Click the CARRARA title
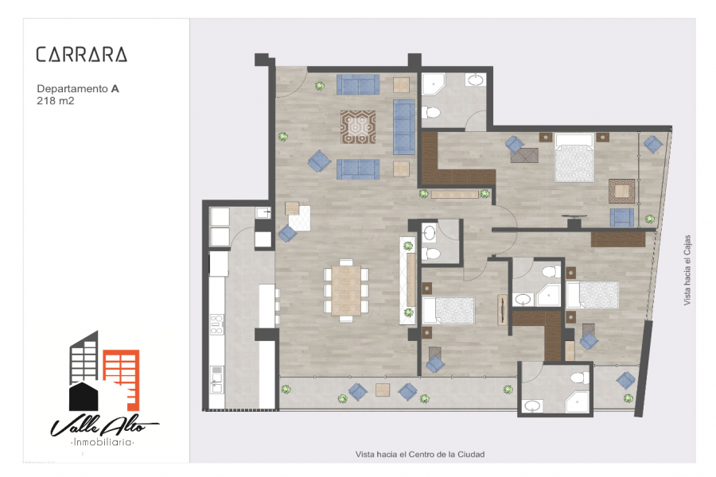point(81,55)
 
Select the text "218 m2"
point(56,101)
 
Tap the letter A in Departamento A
point(115,89)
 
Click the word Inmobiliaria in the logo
point(103,441)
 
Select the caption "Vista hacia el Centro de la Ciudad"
point(419,454)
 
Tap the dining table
point(346,290)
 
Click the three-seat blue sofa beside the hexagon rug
point(404,127)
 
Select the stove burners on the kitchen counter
point(216,324)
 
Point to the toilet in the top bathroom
point(431,112)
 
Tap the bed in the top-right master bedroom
point(574,157)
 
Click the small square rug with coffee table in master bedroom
point(621,190)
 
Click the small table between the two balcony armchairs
point(383,390)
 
